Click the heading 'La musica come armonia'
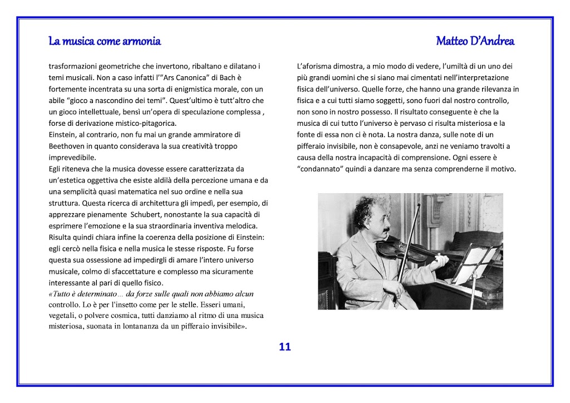pos(105,41)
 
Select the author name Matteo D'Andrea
pos(475,41)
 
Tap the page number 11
pos(284,347)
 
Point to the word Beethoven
pos(67,146)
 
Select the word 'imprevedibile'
pos(72,158)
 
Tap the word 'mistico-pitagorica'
pos(144,123)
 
